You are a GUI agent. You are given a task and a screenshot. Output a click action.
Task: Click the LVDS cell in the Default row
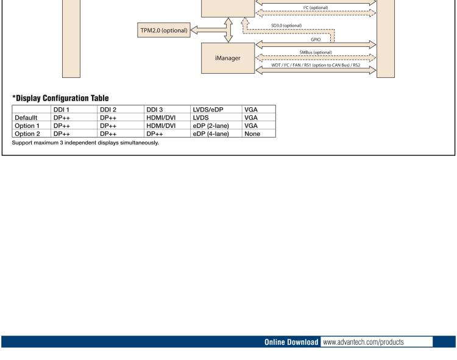point(202,117)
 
